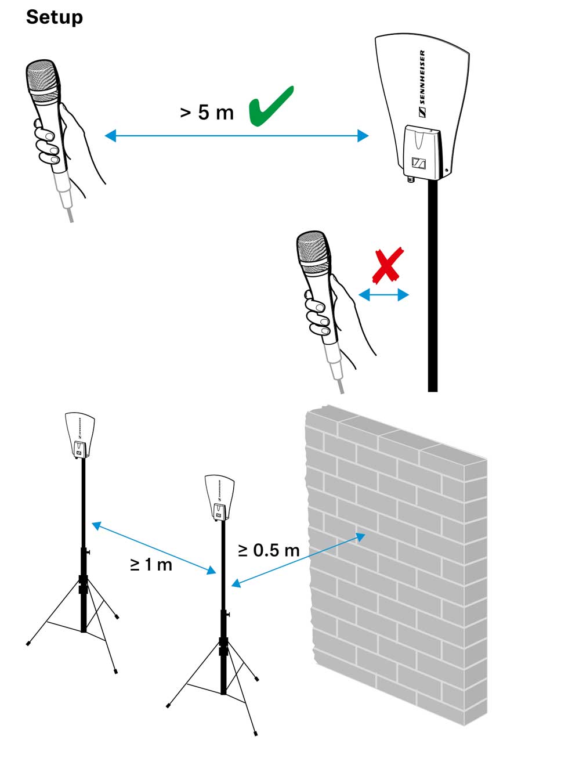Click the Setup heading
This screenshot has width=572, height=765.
click(x=54, y=17)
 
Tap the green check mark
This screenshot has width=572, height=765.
click(x=270, y=106)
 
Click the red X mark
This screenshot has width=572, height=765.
click(x=388, y=266)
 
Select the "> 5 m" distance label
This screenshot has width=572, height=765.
click(x=207, y=112)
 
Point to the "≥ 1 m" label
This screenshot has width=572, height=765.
click(x=151, y=564)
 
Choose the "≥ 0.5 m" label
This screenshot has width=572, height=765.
click(x=269, y=550)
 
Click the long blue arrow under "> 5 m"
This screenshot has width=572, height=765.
click(x=236, y=136)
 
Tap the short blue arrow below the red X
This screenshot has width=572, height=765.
click(x=383, y=295)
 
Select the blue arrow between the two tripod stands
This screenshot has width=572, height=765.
click(x=154, y=549)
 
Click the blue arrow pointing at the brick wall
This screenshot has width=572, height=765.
click(x=298, y=561)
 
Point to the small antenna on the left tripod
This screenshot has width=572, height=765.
click(x=79, y=435)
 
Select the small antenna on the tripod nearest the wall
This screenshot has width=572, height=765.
click(x=219, y=496)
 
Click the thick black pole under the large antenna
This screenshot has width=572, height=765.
click(x=432, y=290)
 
